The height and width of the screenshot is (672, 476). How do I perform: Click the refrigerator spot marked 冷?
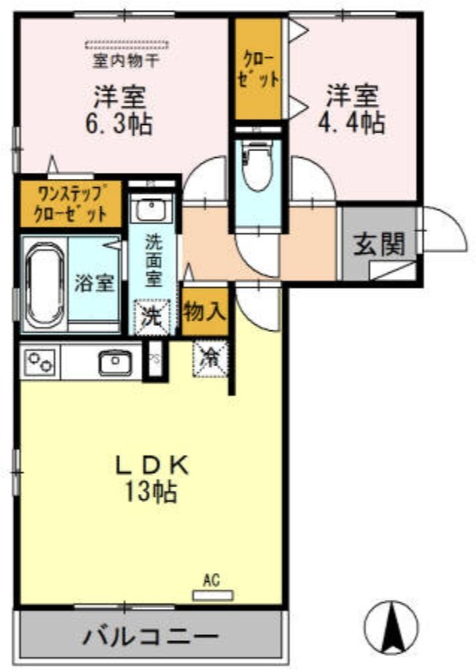point(211,358)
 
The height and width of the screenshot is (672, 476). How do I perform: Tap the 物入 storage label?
point(205,312)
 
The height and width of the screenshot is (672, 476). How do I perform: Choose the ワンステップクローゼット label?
point(70,204)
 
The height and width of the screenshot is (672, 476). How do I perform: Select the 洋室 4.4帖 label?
point(352,109)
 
